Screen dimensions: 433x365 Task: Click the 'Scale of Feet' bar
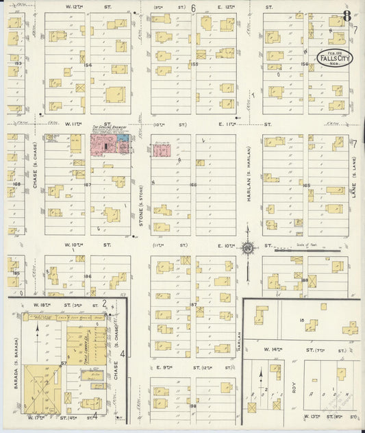coord(307,251)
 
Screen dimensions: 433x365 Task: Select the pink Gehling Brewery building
coord(103,145)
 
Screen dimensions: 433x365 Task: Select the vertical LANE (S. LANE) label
coord(355,185)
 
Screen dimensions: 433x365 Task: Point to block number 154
coord(88,64)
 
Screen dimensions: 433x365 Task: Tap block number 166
coord(193,184)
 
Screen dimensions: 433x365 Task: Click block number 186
coord(88,276)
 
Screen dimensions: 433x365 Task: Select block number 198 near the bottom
coord(193,406)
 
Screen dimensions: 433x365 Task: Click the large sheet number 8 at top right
coord(347,16)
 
